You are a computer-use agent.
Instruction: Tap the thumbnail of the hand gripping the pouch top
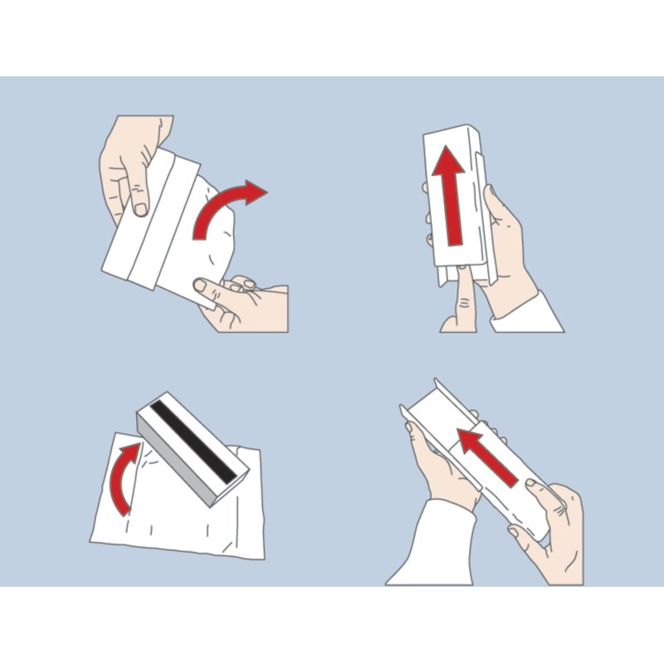coord(142,209)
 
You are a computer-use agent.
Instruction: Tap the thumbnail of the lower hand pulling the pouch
coord(200,286)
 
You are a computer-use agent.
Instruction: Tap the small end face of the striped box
coord(224,489)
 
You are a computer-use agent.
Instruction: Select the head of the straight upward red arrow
coord(451,162)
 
